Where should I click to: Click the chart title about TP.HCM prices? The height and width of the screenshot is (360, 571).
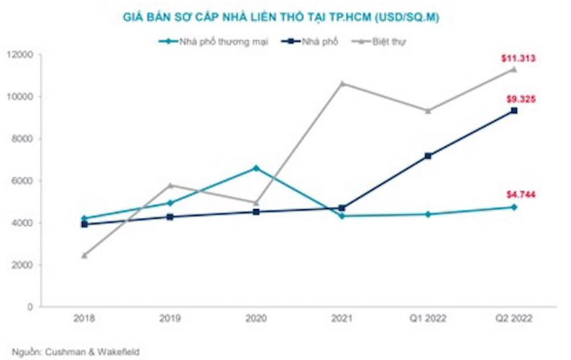tap(287, 17)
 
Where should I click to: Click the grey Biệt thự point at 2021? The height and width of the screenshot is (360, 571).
tap(342, 83)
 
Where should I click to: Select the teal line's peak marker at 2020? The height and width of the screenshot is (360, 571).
tap(257, 168)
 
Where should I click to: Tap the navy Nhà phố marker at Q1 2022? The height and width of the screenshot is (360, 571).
tap(428, 155)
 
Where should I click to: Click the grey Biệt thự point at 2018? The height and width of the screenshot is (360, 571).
tap(85, 255)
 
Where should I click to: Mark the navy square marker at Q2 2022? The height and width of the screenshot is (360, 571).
tap(513, 111)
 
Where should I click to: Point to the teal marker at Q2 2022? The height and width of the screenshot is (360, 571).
tap(513, 207)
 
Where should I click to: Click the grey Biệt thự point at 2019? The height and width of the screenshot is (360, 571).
tap(170, 185)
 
